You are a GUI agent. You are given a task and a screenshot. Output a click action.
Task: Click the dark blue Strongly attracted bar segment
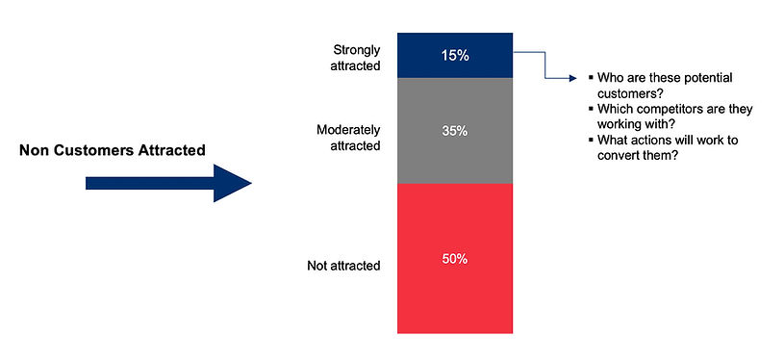pos(454,56)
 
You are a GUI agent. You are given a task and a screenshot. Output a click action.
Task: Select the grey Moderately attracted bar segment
pos(454,130)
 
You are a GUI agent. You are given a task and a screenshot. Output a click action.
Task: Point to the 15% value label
pos(455,56)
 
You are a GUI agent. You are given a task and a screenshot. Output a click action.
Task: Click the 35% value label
pos(455,130)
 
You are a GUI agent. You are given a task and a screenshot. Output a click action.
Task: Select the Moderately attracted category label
pos(348,137)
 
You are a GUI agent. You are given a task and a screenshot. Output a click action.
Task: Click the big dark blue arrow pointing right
pos(168,183)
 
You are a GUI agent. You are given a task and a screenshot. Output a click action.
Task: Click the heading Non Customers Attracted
pos(112,151)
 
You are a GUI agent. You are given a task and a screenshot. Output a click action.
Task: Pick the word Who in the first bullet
pos(610,77)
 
